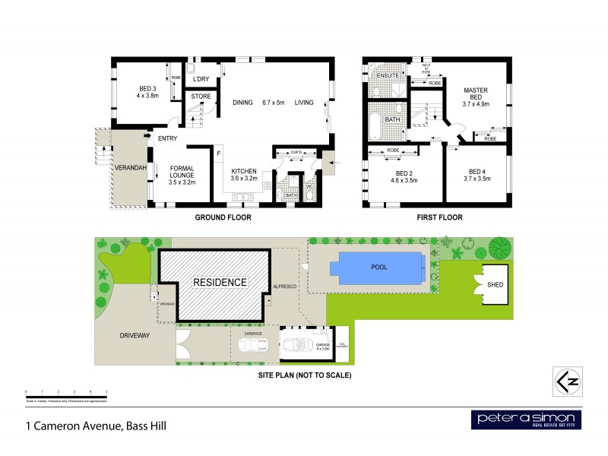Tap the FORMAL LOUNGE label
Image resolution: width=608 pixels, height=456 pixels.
(182, 175)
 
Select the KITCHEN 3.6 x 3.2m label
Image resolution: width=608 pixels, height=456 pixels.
(245, 175)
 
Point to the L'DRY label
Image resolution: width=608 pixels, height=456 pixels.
(201, 79)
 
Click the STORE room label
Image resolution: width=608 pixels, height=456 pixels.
(201, 97)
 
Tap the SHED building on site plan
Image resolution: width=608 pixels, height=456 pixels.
(495, 285)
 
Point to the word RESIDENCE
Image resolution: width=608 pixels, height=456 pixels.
(220, 282)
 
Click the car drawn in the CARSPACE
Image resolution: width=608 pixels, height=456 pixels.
(252, 346)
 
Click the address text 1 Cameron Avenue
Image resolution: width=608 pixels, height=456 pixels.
(96, 426)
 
